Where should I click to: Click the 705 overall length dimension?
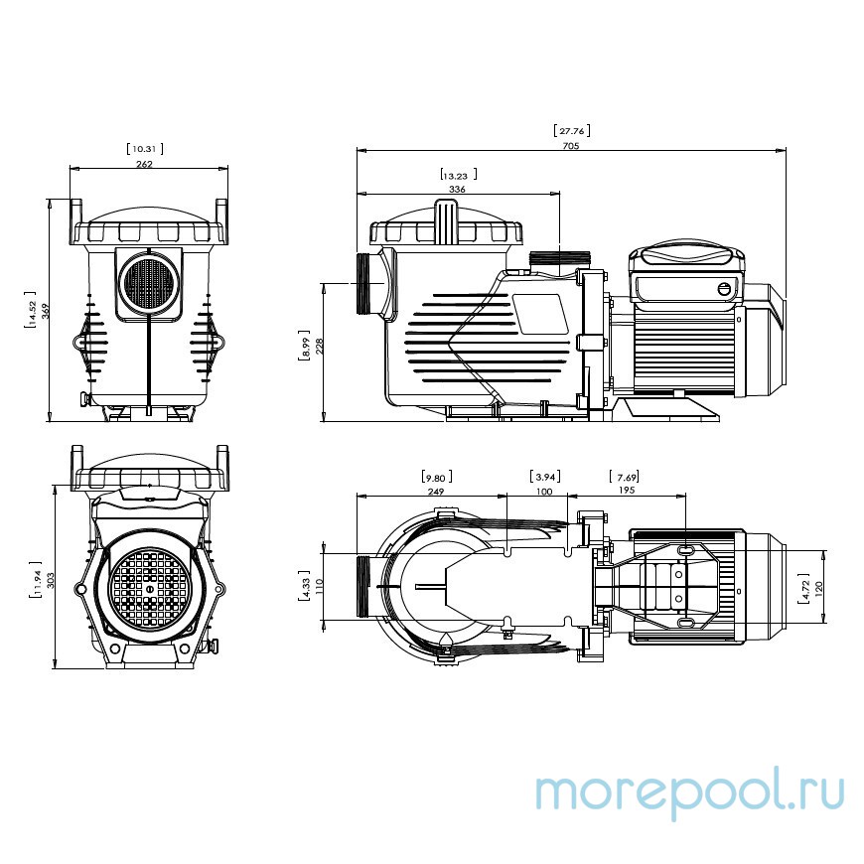pos(569,145)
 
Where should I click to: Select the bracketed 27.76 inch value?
pos(569,129)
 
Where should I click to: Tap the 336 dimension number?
pos(457,188)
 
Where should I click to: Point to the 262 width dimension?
pos(145,164)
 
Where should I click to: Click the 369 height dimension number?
pos(45,310)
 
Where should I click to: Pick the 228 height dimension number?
pos(318,346)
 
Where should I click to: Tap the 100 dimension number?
pos(543,491)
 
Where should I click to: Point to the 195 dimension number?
pos(626,491)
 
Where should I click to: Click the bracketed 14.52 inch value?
pos(32,310)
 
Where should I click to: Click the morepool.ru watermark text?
pos(689,792)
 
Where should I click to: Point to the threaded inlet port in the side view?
pos(369,283)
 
